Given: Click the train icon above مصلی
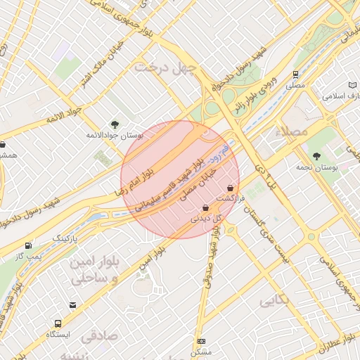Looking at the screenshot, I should point(295,74).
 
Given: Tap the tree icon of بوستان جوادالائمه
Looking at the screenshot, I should point(115,124).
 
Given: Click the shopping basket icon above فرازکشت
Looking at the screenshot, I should point(231,188).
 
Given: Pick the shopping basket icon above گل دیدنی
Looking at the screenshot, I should point(205,208).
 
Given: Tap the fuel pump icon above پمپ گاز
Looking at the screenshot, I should point(28,245).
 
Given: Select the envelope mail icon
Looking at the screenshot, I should point(72,304).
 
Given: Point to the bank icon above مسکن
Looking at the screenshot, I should point(201,341).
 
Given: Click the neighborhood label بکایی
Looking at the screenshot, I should point(275,302).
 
